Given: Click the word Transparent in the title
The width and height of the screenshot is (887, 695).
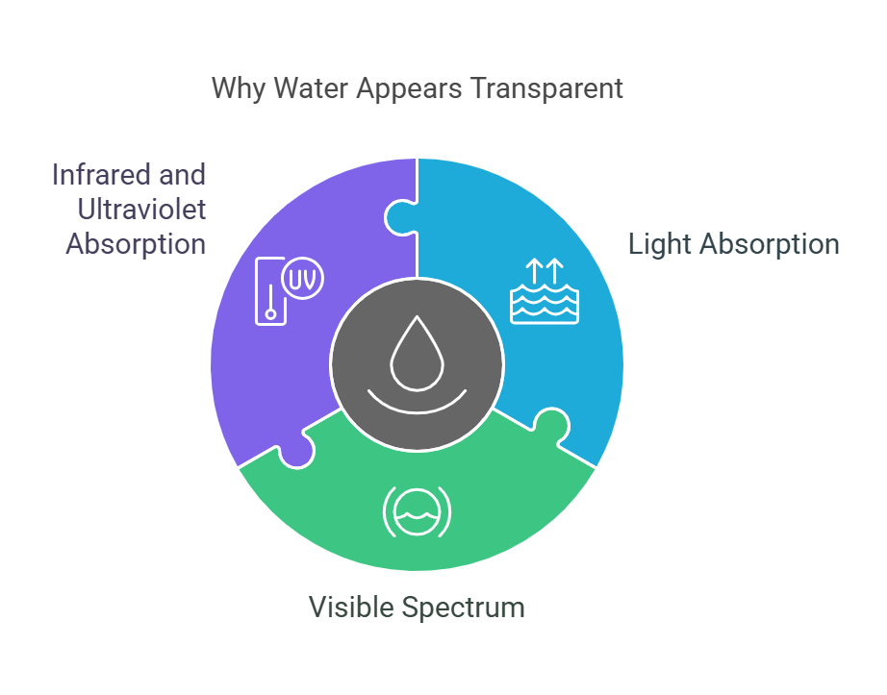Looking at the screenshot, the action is (546, 88).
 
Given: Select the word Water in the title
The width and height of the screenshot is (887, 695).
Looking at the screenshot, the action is (311, 88).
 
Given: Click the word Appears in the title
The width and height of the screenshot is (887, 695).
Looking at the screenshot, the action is (409, 89).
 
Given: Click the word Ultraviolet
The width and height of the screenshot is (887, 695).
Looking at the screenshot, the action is (141, 210).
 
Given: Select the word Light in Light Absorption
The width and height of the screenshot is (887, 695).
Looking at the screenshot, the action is (660, 245).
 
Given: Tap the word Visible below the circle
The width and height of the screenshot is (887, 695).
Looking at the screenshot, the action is (351, 608).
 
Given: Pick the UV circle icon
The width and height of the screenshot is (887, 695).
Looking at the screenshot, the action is (303, 279).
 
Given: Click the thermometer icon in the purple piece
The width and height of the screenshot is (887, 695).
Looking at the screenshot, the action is (270, 291).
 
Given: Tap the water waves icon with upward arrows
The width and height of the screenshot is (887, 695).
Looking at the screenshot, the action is (545, 291).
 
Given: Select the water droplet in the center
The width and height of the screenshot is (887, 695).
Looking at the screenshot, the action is (417, 354).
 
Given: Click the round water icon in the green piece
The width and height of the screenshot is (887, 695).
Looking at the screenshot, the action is (417, 512).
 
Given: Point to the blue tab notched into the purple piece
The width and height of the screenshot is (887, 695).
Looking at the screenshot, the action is (400, 217).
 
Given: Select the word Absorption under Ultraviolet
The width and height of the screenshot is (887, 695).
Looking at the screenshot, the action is (136, 245).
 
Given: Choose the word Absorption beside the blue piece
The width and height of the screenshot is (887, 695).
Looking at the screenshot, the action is (770, 245).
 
